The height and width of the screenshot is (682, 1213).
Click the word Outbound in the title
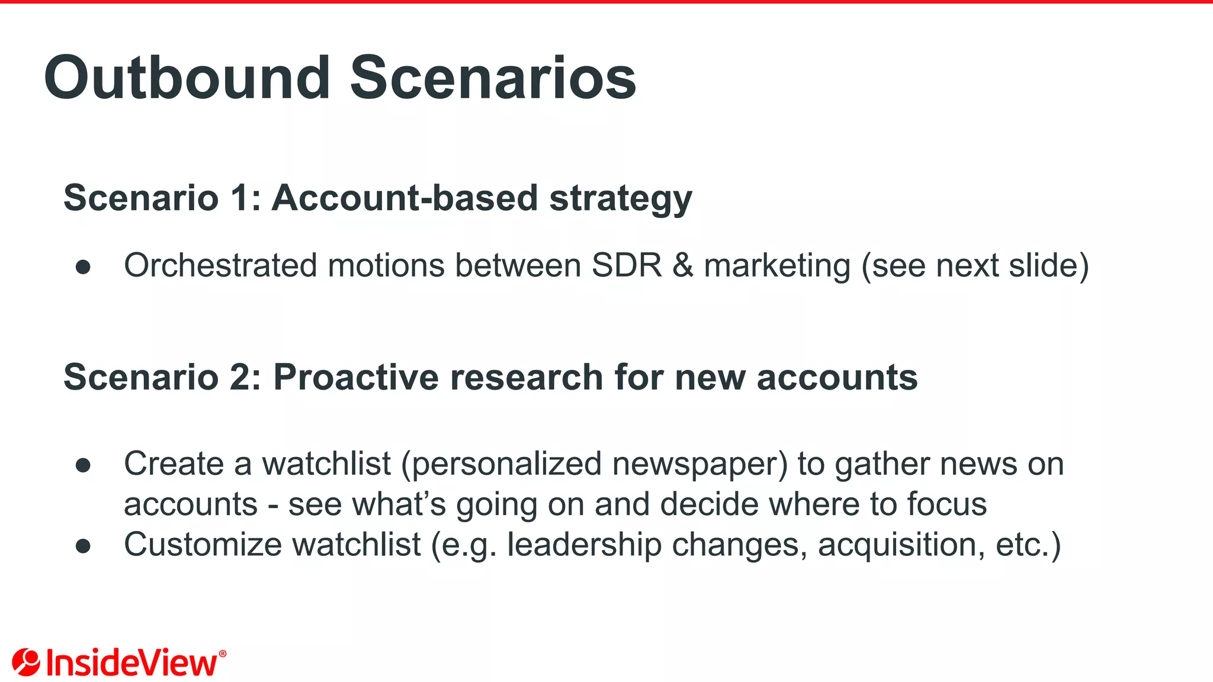coord(187,78)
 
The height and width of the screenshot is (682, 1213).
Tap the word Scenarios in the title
coord(493,78)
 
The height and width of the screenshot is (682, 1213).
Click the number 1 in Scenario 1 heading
coord(240,198)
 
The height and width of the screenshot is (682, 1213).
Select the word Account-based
coord(405,198)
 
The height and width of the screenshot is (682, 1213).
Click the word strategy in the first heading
coord(620,199)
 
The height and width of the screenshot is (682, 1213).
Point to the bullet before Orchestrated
coord(83,267)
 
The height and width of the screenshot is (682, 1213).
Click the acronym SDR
coord(627,265)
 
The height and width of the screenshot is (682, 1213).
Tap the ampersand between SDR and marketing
coord(683,265)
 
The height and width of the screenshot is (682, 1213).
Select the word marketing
coord(777,266)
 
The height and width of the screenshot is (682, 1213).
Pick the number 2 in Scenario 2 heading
coord(242,377)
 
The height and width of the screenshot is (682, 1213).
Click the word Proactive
coord(355,377)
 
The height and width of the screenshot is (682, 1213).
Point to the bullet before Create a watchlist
coord(83,465)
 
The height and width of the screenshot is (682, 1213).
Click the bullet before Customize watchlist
coord(83,546)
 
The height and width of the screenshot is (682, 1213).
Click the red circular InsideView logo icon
coord(26,662)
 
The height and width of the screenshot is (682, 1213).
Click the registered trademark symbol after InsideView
coord(223,654)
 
